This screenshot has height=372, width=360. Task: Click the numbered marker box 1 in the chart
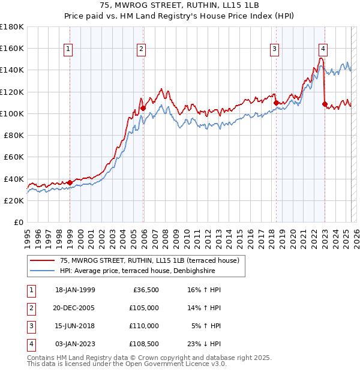(69, 49)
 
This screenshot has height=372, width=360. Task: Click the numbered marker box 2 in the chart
(141, 49)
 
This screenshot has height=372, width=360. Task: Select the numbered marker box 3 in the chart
(274, 49)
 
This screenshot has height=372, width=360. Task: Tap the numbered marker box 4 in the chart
(323, 49)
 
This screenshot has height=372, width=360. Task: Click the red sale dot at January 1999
(70, 182)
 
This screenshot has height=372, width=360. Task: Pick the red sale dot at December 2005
(143, 108)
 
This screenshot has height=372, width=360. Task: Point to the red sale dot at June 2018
(276, 103)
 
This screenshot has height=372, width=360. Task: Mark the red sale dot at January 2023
(325, 104)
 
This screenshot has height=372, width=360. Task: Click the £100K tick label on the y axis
(12, 113)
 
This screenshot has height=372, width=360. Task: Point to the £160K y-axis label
(12, 48)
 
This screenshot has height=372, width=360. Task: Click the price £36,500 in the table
(146, 290)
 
